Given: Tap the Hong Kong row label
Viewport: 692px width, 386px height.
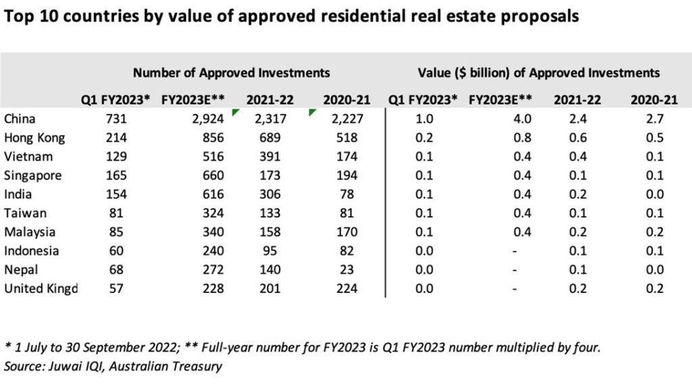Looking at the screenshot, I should coord(35,138).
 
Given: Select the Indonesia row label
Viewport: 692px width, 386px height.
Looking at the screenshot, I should coord(31,251).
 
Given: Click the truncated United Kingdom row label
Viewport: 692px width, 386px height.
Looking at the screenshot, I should coord(41,289).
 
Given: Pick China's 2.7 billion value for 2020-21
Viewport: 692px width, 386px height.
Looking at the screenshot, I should coord(654,119).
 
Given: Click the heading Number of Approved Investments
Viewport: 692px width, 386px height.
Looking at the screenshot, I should coord(231,72).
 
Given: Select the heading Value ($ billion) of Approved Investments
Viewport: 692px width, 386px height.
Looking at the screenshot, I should coord(539,72).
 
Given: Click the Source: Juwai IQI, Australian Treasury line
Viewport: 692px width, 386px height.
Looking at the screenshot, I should coord(113,366).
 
